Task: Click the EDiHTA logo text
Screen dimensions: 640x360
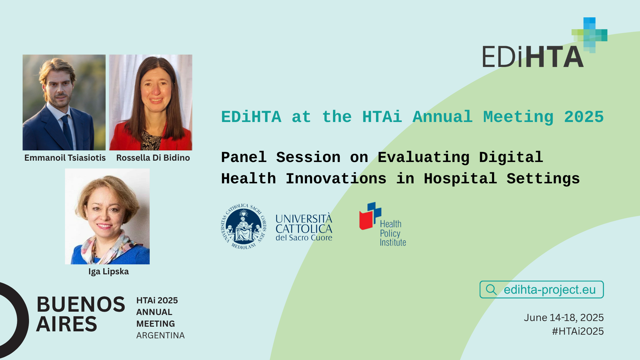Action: (533, 56)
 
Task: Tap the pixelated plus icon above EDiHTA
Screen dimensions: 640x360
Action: (589, 35)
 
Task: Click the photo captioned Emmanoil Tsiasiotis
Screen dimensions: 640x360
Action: (64, 102)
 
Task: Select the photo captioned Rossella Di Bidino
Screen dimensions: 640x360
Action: (151, 102)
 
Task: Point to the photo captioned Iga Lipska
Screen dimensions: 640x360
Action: (107, 216)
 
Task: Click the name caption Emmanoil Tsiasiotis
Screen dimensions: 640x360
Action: (65, 158)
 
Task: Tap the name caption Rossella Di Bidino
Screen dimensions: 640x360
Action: (153, 158)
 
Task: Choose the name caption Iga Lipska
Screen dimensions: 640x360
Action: (109, 272)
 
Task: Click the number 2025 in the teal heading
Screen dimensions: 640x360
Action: (584, 117)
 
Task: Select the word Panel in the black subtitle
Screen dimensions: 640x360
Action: (244, 157)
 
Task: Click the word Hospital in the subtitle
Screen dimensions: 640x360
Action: (460, 179)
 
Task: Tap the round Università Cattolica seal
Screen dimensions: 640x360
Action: (244, 227)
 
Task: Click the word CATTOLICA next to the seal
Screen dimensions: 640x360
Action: (304, 229)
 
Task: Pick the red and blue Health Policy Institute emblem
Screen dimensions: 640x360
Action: (370, 216)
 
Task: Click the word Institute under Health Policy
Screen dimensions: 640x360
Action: (393, 243)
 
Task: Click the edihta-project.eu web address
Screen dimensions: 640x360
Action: (550, 290)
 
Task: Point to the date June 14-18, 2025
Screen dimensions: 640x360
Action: (564, 318)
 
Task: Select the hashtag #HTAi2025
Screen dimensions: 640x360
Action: (578, 331)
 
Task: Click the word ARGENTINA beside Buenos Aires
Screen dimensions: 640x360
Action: (160, 335)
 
